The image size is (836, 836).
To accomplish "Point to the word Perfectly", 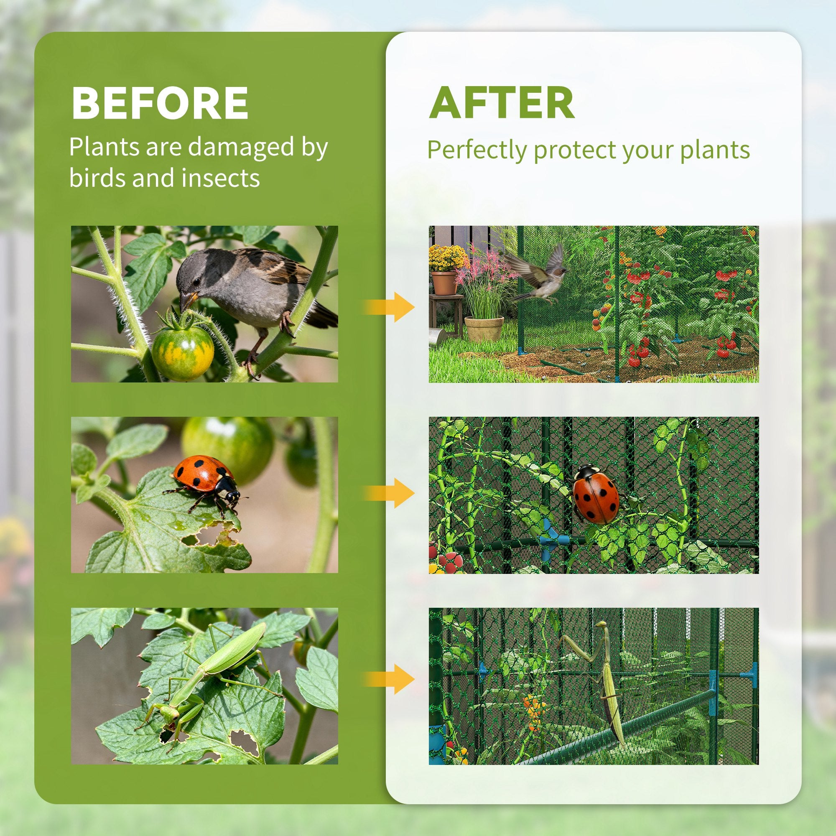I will (x=477, y=150).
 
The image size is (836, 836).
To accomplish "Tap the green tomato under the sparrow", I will (x=183, y=353).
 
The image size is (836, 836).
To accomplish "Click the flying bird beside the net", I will (x=541, y=275).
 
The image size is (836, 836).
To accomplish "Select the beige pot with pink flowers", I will (x=484, y=328).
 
